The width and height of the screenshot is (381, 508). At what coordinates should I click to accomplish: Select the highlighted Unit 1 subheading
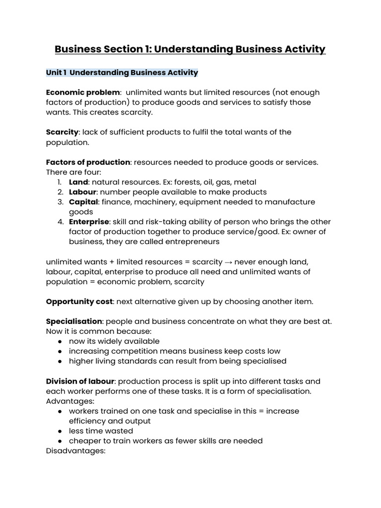pos(122,72)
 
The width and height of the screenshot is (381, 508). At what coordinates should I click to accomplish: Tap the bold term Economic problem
pos(83,92)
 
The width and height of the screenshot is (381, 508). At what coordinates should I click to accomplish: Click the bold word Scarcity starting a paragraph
pos(62,132)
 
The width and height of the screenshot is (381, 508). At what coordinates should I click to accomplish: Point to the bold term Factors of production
pos(88,162)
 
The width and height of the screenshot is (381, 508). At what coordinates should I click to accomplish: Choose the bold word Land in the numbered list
pos(78,182)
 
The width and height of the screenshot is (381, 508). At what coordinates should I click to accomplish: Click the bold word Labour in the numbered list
pos(82,192)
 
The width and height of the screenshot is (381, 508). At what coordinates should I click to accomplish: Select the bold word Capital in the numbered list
pos(83,202)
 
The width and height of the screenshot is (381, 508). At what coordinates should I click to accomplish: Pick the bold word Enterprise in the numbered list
pos(88,222)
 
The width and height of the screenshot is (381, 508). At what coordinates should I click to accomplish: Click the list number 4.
pos(59,222)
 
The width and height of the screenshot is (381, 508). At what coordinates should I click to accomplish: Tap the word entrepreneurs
pos(190,242)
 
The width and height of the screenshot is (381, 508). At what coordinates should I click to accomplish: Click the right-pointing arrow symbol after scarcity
pos(230,262)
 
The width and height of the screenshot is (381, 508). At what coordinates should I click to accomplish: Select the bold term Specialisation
pos(73,321)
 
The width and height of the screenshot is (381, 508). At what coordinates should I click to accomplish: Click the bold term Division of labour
pos(80,381)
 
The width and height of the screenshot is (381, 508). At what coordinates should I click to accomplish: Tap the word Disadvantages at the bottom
pos(75,451)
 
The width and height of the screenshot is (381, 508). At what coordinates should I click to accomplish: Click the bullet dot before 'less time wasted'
pos(60,431)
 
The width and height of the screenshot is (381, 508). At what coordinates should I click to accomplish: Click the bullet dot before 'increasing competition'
pos(60,351)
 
